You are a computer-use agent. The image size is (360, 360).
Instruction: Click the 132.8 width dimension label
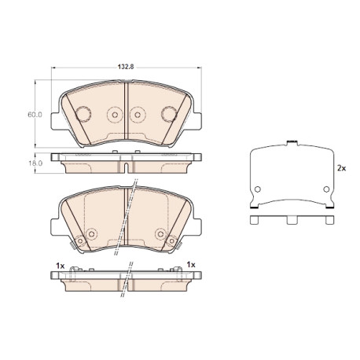pyautogui.click(x=126, y=67)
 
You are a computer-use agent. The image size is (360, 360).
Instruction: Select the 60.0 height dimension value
pyautogui.click(x=35, y=115)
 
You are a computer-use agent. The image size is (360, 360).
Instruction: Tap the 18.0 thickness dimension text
pyautogui.click(x=35, y=163)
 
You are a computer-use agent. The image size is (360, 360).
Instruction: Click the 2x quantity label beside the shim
pyautogui.click(x=341, y=168)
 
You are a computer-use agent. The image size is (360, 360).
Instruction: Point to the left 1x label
pyautogui.click(x=60, y=266)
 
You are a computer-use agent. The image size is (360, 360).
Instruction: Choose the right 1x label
pyautogui.click(x=191, y=265)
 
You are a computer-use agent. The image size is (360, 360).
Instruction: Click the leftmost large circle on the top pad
pyautogui.click(x=83, y=114)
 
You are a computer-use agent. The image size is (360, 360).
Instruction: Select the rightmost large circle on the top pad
pyautogui.click(x=169, y=114)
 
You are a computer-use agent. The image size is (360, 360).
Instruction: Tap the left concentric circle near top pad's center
pyautogui.click(x=115, y=115)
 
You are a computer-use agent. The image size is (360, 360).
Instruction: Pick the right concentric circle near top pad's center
pyautogui.click(x=138, y=115)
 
